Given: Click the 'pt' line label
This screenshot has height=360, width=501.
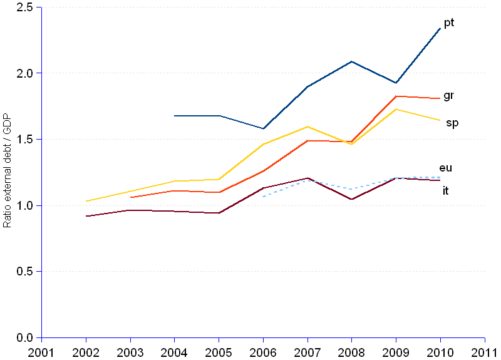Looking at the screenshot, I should click(x=449, y=23).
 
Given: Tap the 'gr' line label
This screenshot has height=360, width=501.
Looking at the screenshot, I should click(x=448, y=96).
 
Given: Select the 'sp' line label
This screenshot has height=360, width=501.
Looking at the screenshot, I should click(x=452, y=123).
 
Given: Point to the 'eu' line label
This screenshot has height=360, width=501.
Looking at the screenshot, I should click(x=446, y=168).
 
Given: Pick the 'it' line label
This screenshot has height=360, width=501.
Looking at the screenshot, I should click(x=445, y=191).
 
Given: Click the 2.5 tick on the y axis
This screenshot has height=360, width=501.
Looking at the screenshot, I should click(x=25, y=7).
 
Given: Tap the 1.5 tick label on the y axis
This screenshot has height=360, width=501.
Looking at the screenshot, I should click(x=25, y=139).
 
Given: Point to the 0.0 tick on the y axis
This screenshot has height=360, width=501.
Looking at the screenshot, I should click(x=25, y=338).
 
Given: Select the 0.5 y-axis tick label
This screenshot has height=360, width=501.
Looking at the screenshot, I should click(x=25, y=272).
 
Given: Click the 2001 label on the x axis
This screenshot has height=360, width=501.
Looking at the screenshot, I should click(x=41, y=351).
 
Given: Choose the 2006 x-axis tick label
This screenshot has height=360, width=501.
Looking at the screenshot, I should click(x=263, y=351).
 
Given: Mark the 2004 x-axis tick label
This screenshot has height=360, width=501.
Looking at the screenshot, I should click(x=175, y=351).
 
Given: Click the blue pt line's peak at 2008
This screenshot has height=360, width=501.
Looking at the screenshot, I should click(x=352, y=61).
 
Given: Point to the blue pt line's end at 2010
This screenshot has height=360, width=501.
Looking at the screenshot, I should click(x=440, y=28).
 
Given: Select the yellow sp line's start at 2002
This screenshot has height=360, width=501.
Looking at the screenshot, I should click(x=86, y=201).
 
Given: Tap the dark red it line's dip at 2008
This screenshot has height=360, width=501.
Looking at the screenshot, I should click(x=352, y=199).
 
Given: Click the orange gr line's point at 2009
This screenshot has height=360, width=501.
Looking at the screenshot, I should click(x=396, y=96).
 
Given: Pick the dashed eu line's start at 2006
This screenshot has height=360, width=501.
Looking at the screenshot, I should click(x=264, y=197).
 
